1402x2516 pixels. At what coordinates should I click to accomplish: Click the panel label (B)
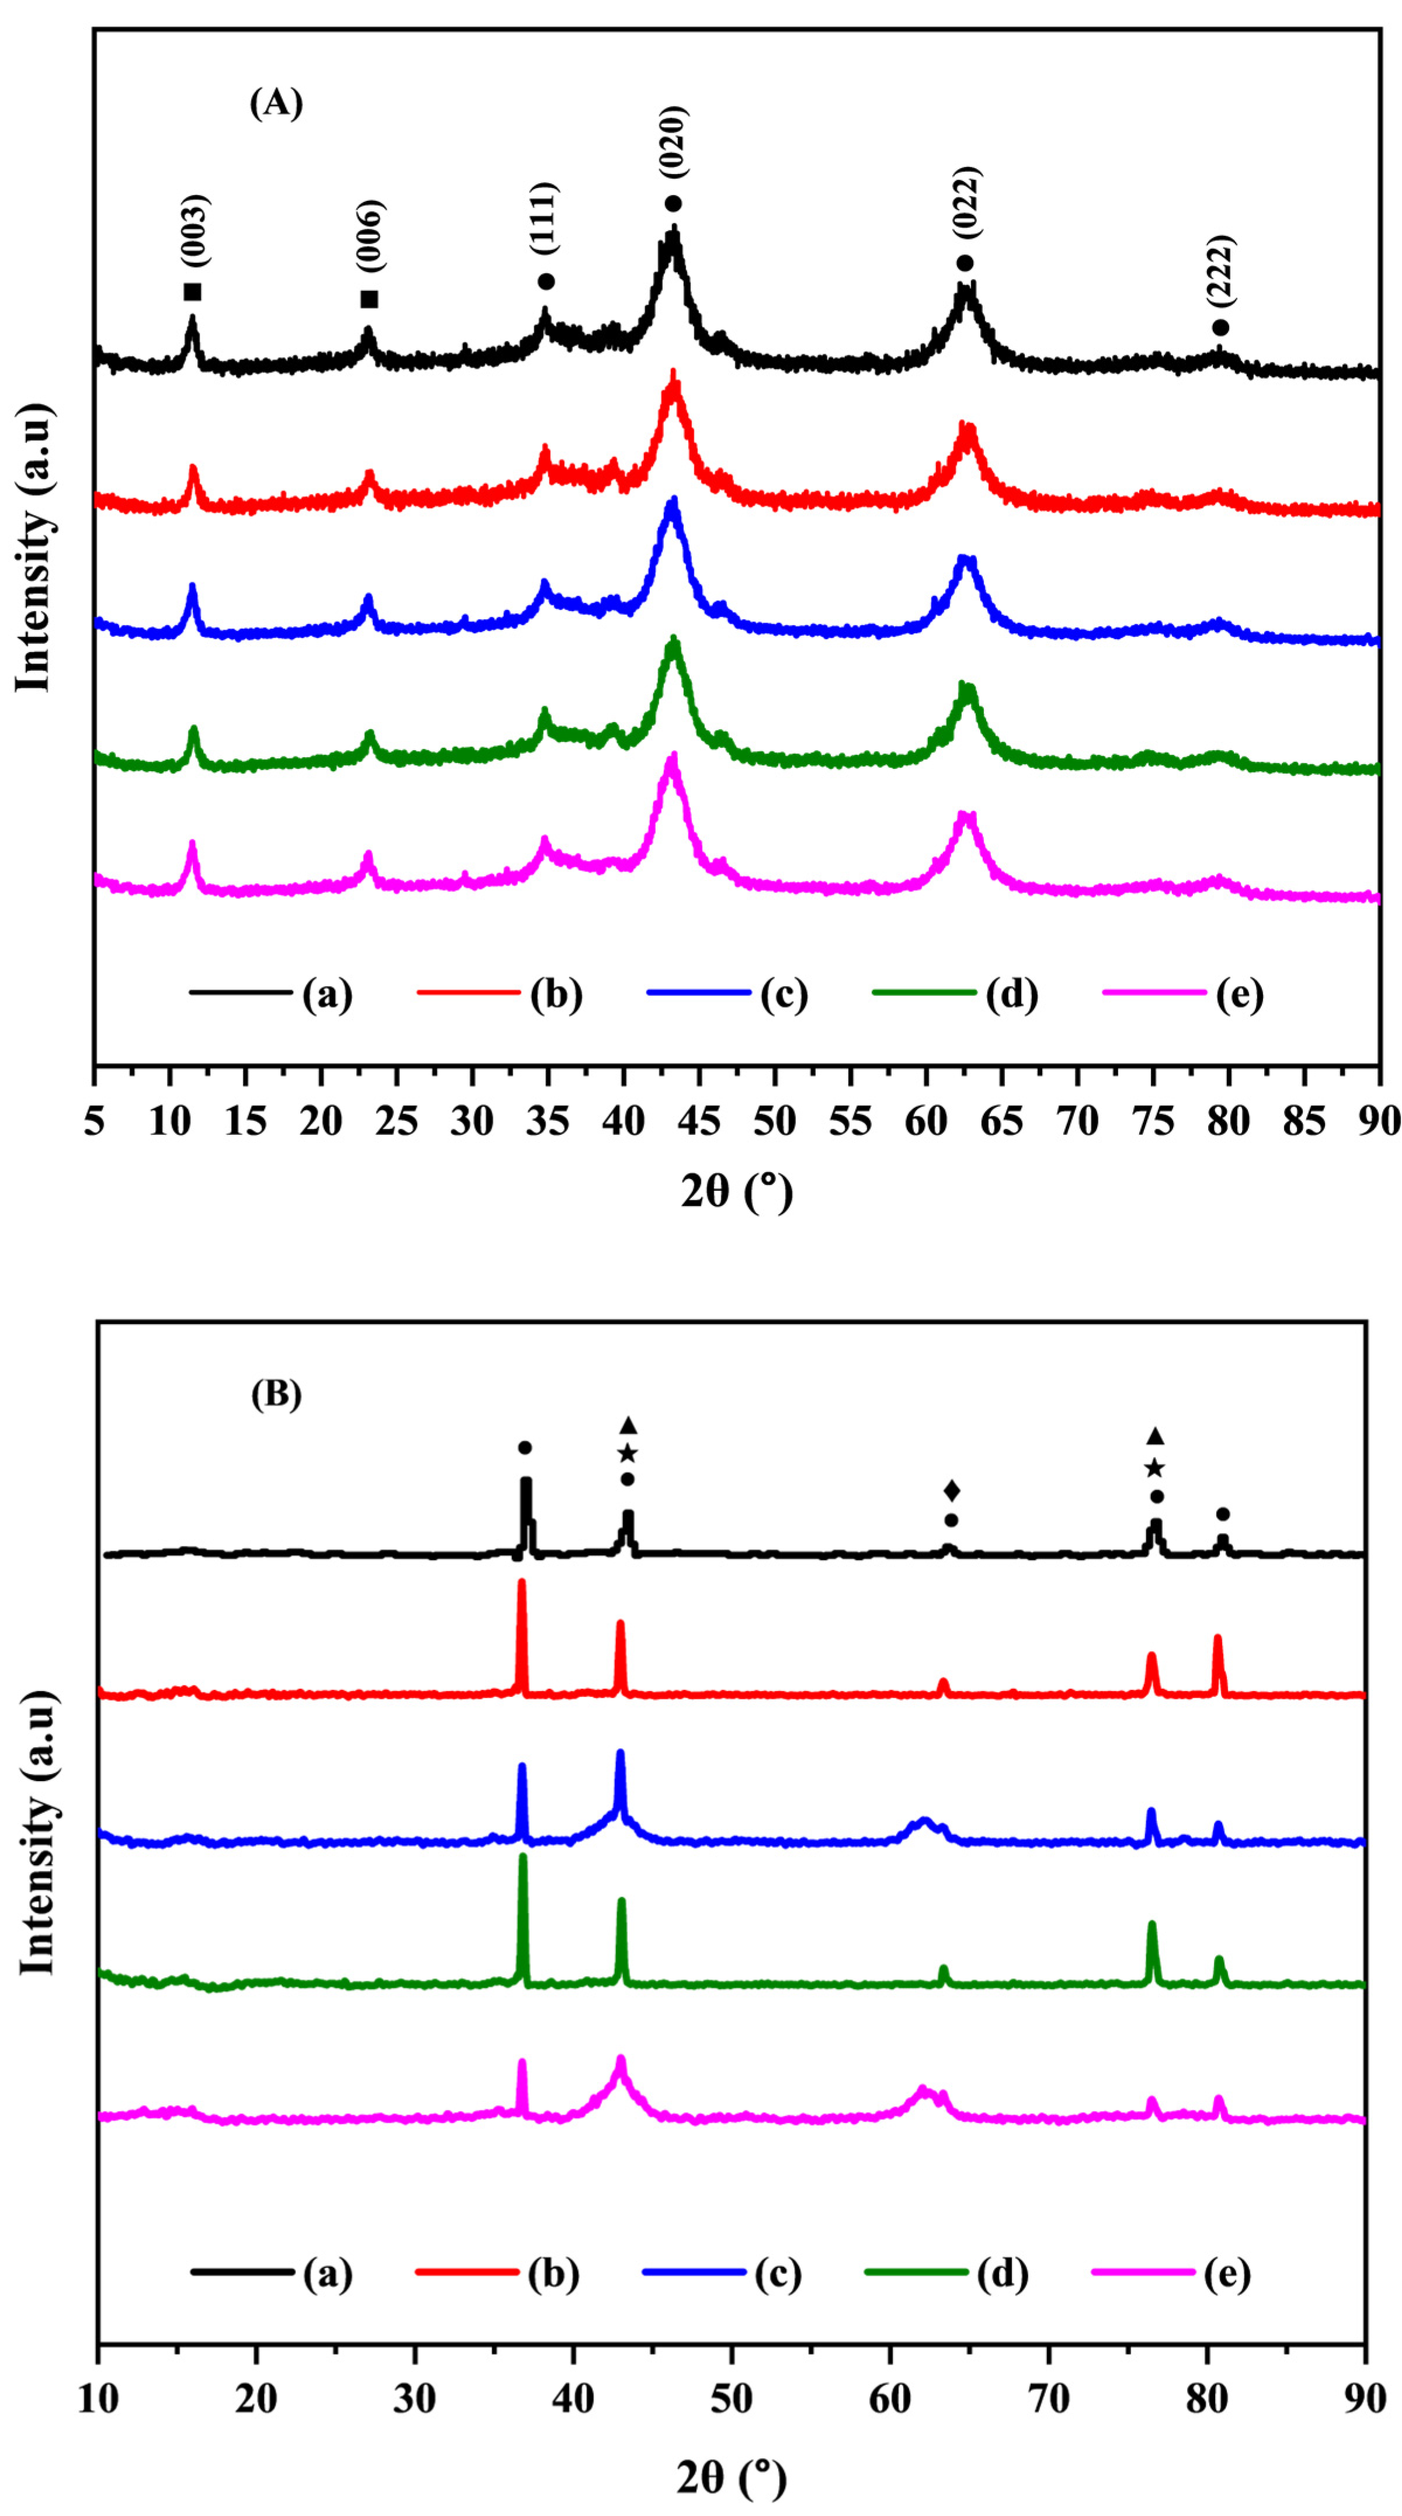[277, 1394]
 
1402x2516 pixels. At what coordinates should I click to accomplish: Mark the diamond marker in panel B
[952, 1490]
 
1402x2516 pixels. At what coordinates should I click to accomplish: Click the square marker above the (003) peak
[193, 292]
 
